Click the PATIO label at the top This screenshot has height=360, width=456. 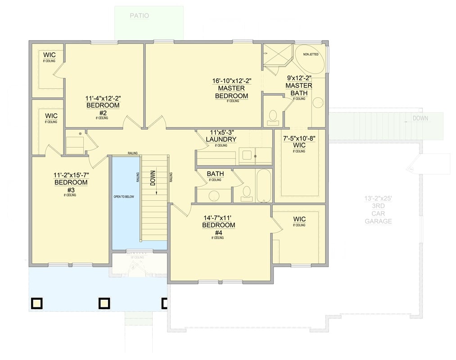(139, 16)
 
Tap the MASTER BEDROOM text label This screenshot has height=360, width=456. (231, 92)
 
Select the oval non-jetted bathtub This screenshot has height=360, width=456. (310, 59)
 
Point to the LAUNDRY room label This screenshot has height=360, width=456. (221, 139)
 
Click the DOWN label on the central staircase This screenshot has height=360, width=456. (153, 178)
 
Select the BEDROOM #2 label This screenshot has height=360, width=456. (103, 109)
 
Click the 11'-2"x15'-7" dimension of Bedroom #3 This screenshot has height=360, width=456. (71, 175)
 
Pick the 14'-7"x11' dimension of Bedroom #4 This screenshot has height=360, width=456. (218, 217)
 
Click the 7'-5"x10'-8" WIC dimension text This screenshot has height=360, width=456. (299, 139)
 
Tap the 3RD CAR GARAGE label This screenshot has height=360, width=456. (378, 214)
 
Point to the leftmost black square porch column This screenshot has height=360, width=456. (36, 304)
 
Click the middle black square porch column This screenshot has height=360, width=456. (104, 304)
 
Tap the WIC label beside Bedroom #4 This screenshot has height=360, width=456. (299, 219)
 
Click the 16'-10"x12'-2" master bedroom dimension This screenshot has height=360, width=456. (231, 81)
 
